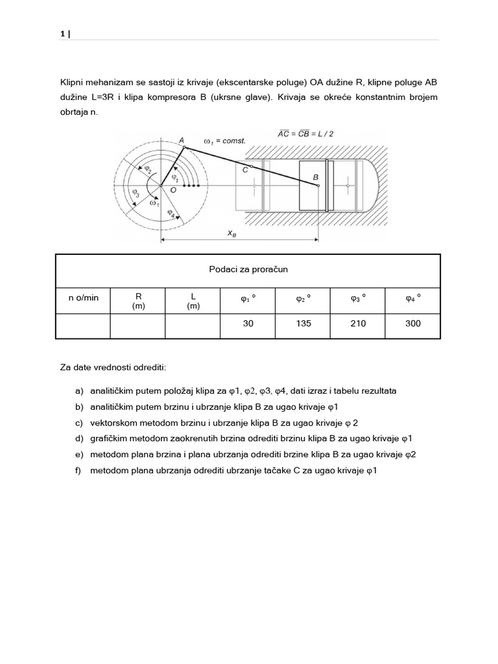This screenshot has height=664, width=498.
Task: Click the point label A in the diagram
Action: (x=181, y=139)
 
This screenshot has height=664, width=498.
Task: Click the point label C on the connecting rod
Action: (x=244, y=169)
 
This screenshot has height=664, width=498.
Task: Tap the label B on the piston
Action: (x=316, y=176)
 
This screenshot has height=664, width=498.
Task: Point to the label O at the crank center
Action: (x=172, y=189)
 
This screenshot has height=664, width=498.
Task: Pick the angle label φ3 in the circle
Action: (x=136, y=193)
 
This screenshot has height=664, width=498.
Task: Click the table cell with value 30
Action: (x=248, y=324)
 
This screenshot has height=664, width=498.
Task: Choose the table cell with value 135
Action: (x=303, y=324)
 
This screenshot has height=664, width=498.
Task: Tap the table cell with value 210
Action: (x=358, y=324)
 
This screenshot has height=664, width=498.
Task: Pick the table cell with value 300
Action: (x=413, y=324)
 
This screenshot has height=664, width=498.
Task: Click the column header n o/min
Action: (x=84, y=298)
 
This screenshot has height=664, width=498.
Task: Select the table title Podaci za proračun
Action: (x=248, y=269)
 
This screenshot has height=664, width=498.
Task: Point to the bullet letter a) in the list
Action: (x=79, y=391)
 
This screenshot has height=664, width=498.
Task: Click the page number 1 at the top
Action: (x=63, y=34)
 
